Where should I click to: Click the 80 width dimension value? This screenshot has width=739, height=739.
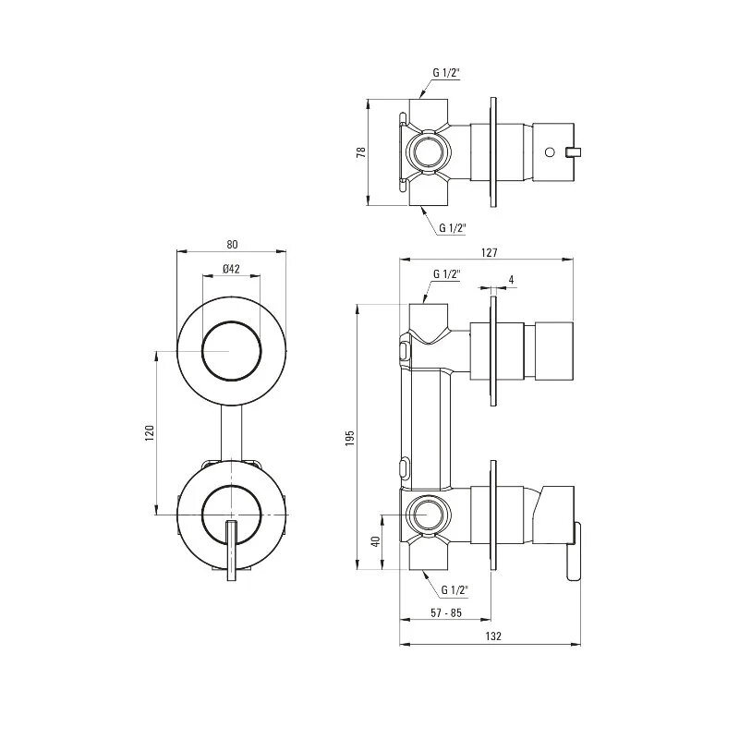point(232,245)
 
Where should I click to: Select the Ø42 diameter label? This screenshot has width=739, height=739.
point(232,269)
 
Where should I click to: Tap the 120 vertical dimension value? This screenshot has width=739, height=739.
point(150,432)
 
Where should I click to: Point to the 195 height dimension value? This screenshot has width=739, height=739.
point(350,438)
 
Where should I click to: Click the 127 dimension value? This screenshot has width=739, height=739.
point(490,252)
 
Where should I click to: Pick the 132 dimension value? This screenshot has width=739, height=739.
point(493,636)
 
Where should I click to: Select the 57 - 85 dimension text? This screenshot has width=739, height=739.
point(446,612)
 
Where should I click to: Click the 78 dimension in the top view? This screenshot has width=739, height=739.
point(362,152)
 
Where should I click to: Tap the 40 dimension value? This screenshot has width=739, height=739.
point(376,541)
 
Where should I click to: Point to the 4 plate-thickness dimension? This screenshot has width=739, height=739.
point(512,280)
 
